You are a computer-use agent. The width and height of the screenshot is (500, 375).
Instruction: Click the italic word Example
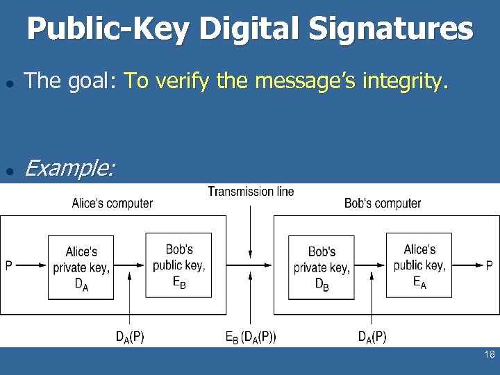tap(69, 168)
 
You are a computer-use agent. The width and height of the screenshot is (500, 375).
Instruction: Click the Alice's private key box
tap(81, 267)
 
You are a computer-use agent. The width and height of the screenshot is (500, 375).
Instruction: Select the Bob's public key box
tap(178, 265)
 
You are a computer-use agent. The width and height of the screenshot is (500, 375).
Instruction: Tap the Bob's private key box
tap(321, 267)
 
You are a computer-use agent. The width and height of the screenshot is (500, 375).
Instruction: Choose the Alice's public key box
tap(419, 265)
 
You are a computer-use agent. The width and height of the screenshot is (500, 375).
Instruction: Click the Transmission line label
tap(251, 191)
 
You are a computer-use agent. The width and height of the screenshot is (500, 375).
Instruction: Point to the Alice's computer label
tap(112, 203)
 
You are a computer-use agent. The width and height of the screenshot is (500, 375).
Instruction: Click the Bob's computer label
tap(383, 203)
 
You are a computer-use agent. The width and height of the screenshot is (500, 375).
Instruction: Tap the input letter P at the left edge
tap(8, 265)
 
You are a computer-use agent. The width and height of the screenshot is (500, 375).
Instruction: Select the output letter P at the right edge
tap(489, 265)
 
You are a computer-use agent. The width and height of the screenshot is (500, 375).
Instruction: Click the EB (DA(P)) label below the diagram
tap(251, 337)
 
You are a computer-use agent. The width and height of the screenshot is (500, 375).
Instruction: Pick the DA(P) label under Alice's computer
tap(130, 337)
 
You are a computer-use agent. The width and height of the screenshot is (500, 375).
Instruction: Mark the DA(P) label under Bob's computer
tap(372, 337)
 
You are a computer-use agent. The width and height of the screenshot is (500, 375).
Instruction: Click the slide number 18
tap(489, 355)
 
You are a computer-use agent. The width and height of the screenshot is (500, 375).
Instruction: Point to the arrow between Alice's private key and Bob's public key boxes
tap(129, 265)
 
